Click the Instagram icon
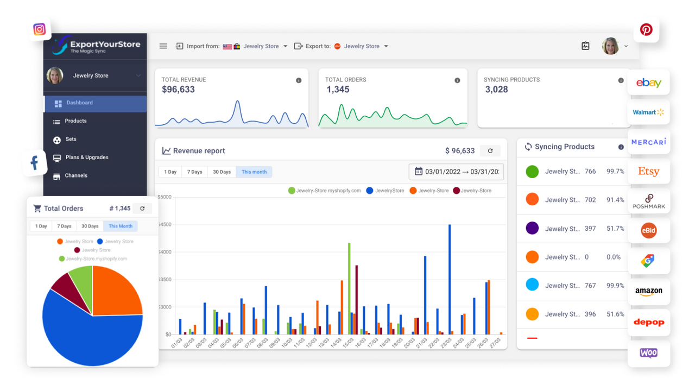click(x=39, y=29)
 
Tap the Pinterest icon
click(x=646, y=29)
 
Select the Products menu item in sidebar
click(x=75, y=121)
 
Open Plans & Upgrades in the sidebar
click(x=86, y=157)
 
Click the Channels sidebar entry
click(x=75, y=176)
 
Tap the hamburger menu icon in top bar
click(x=163, y=46)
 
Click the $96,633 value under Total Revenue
click(x=178, y=90)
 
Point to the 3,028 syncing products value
click(x=496, y=90)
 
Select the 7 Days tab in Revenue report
click(x=194, y=172)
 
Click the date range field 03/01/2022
click(x=456, y=172)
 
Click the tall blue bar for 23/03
click(x=450, y=280)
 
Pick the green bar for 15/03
click(x=349, y=288)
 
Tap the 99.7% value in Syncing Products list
click(x=615, y=172)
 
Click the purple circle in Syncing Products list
click(x=532, y=228)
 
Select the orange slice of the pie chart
click(x=117, y=291)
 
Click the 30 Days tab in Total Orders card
click(x=90, y=226)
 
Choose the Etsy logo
click(x=648, y=172)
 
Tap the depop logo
click(x=648, y=322)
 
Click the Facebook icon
click(x=34, y=162)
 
